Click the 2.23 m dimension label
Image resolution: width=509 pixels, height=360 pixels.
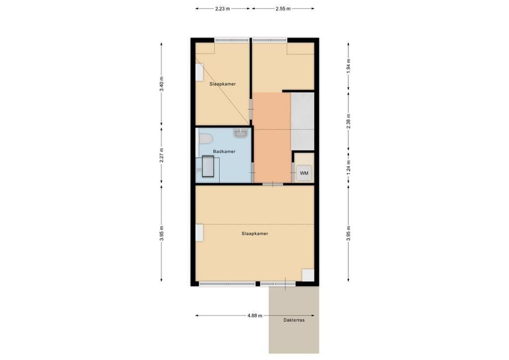[223, 9]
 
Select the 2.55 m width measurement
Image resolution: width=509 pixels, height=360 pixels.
[283, 9]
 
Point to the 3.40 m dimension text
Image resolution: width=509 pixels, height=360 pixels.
[162, 84]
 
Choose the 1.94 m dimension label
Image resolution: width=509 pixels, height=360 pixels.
[348, 66]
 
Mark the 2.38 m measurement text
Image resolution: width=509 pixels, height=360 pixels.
[348, 121]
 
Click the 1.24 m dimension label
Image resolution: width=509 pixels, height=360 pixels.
[348, 167]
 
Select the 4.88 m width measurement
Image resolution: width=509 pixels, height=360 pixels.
[255, 315]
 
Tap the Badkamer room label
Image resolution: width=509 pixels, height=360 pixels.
[224, 152]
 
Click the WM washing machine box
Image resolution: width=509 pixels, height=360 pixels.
[304, 173]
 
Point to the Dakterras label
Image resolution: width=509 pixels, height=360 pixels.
[294, 320]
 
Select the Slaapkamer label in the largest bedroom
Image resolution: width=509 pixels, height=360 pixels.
[255, 234]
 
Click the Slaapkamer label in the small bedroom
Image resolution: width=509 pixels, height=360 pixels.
[222, 84]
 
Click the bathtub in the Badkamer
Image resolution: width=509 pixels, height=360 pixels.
[208, 167]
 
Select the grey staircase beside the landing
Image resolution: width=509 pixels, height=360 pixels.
[302, 121]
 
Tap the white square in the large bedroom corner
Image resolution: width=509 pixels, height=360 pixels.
[308, 275]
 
